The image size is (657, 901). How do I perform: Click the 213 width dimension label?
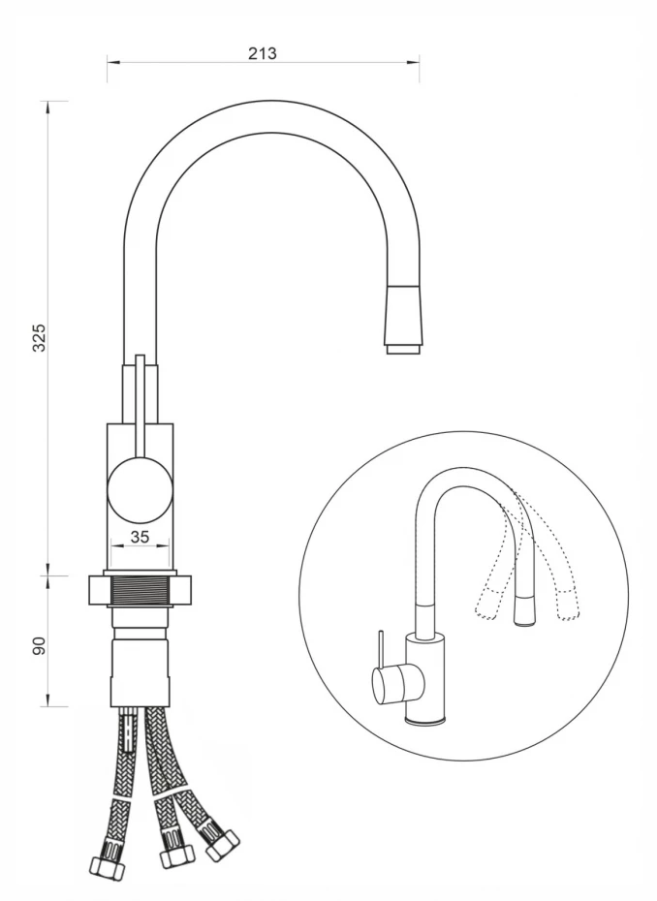(263, 53)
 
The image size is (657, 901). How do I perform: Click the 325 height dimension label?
(39, 338)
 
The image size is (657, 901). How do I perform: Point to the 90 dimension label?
(39, 645)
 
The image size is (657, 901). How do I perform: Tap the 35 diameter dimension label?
(140, 537)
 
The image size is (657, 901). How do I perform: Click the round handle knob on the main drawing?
(140, 489)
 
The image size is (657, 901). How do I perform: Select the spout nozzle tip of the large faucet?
(405, 349)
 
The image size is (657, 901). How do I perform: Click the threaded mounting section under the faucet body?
(141, 590)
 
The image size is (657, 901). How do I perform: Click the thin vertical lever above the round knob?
(140, 407)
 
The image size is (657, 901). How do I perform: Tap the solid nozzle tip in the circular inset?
(525, 610)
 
